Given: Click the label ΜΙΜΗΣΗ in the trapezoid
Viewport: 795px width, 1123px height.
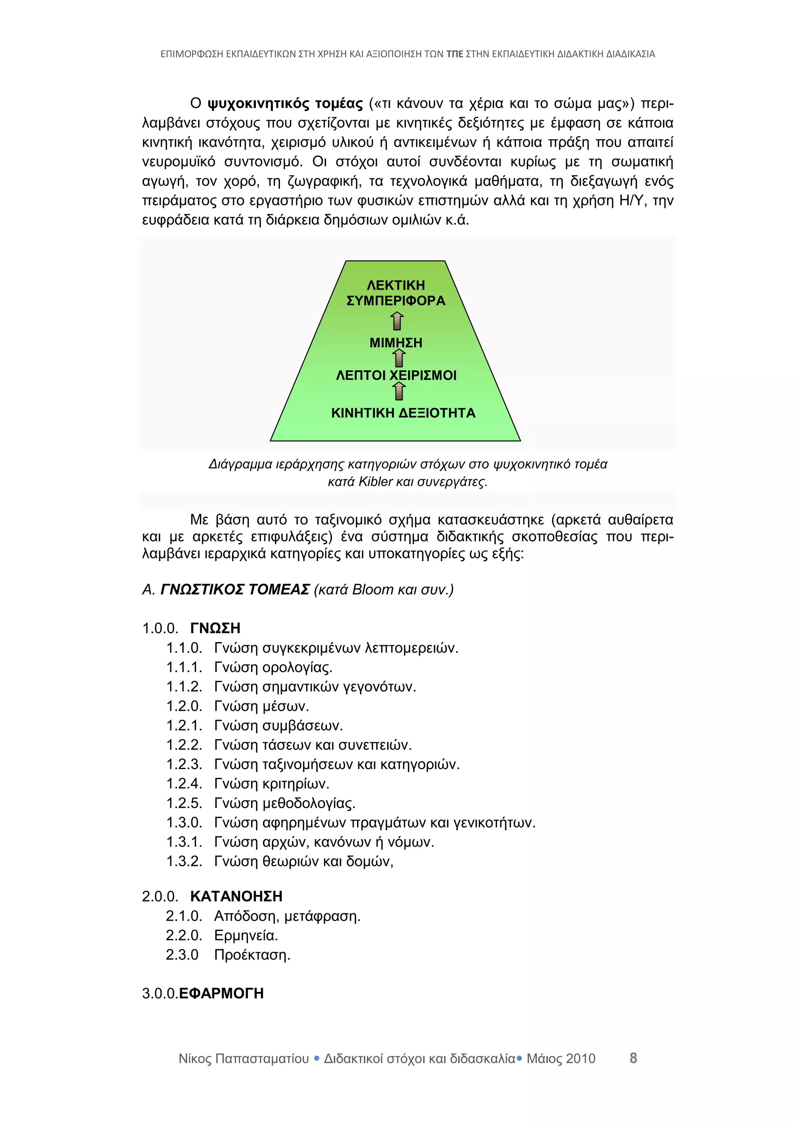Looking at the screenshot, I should (396, 342).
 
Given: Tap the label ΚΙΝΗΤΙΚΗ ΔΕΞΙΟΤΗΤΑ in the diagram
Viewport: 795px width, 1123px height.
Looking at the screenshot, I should (403, 413).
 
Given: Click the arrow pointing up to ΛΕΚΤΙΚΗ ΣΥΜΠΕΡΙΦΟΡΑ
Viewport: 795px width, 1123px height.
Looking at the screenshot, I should (397, 321).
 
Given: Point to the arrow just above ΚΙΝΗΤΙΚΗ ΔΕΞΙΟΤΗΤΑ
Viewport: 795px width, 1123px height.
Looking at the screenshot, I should (399, 391).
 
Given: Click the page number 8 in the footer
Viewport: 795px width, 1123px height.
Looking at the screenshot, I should (633, 1058).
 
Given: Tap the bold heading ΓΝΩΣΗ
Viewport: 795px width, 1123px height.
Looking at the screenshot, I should (215, 628).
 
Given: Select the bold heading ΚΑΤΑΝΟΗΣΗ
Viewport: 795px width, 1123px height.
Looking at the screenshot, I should (236, 896).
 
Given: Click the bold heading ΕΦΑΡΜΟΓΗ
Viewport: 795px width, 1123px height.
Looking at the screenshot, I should (221, 993).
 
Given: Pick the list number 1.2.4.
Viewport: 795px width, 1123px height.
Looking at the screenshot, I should (184, 784).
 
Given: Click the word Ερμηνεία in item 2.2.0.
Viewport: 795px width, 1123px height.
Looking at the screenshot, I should (246, 935).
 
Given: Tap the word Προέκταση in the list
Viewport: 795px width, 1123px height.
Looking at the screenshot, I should (252, 955).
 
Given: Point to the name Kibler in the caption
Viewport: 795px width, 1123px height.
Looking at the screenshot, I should (375, 482).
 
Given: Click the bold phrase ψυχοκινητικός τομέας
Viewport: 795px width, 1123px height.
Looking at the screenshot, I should (285, 104).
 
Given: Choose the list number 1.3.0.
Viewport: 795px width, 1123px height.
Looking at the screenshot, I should (184, 823).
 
